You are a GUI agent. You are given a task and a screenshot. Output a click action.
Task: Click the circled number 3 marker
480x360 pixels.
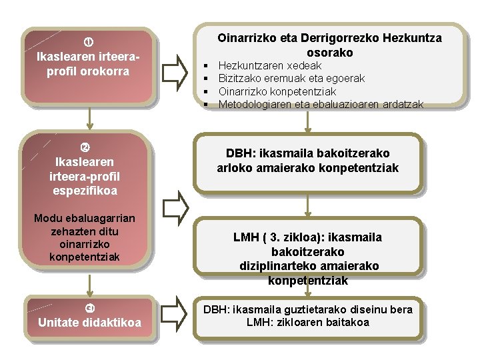click(89, 307)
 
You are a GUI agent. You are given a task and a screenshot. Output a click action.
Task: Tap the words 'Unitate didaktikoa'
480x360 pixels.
click(89, 323)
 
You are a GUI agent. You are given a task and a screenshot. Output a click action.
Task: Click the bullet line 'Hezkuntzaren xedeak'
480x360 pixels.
click(270, 65)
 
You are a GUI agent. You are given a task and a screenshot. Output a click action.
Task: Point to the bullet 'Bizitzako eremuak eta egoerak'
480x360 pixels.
click(291, 78)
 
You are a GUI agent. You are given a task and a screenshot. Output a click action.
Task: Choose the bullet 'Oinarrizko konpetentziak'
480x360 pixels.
click(277, 91)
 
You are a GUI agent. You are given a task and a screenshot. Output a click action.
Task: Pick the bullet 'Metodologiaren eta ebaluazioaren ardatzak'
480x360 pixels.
click(320, 104)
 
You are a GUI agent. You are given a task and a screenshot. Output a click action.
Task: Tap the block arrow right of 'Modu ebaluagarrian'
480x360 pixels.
click(175, 207)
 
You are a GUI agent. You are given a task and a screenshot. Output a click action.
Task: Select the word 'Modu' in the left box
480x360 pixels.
click(47, 219)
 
